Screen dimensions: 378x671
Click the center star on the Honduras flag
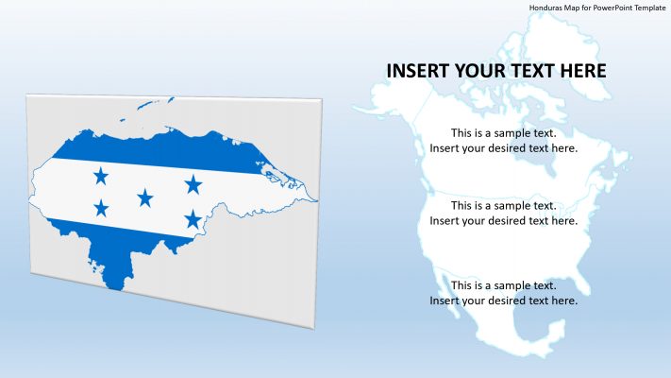point(145,198)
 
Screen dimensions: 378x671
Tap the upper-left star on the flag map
point(101,176)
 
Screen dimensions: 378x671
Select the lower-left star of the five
point(101,208)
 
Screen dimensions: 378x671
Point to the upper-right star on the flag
point(193,183)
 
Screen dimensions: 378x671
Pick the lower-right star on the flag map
point(193,219)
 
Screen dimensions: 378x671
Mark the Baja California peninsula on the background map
point(445,288)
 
